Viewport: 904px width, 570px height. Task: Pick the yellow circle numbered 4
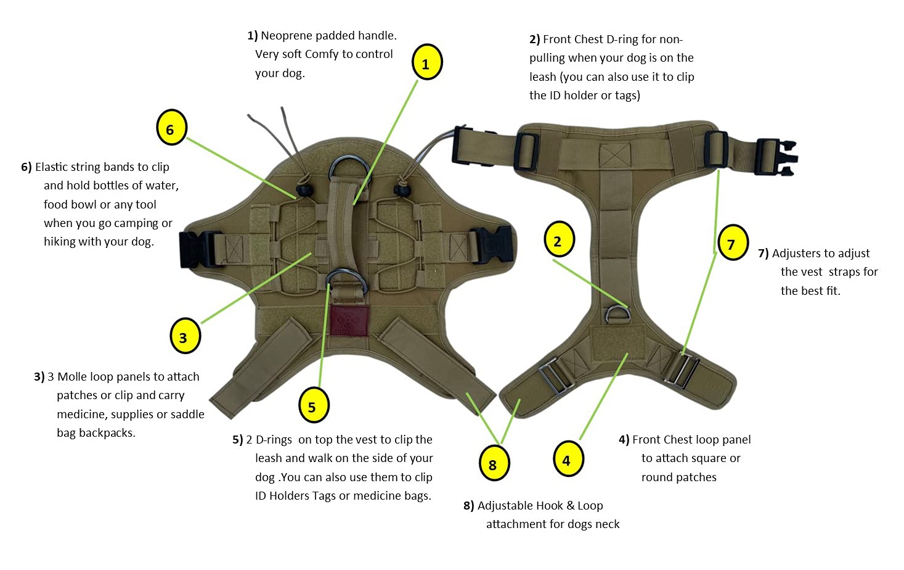tap(568, 459)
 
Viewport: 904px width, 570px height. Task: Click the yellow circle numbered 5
tap(313, 405)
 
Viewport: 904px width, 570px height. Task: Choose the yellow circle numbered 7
tap(732, 243)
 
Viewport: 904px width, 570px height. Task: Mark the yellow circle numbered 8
tap(494, 463)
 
